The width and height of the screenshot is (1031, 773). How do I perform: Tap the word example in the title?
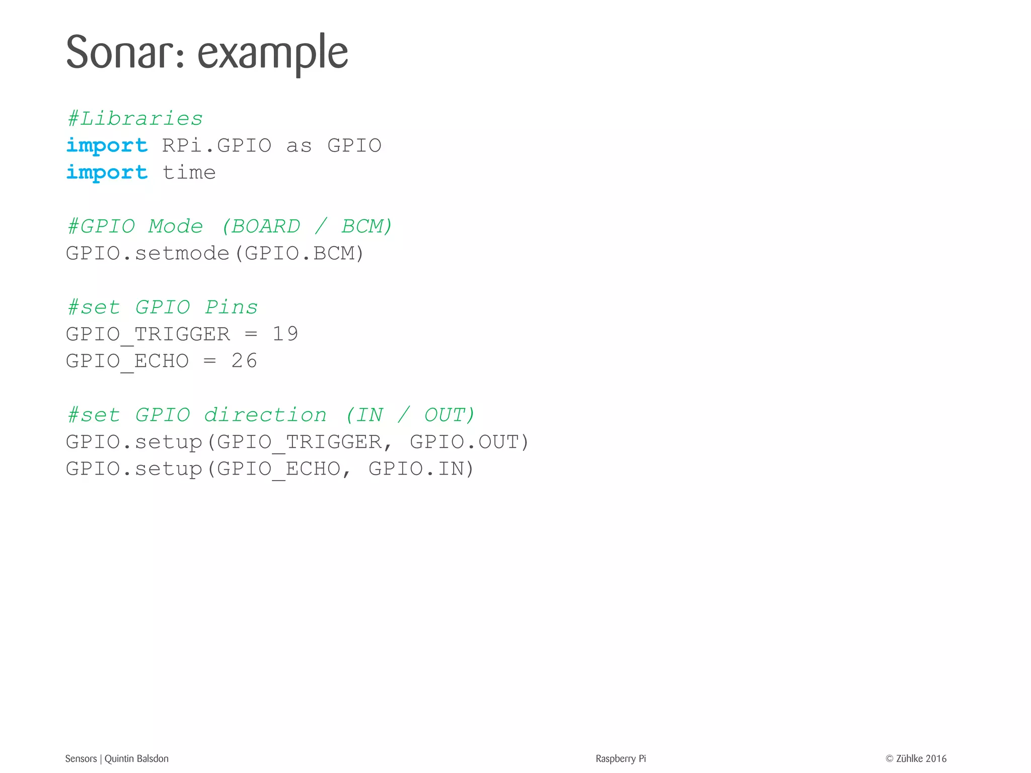click(x=272, y=53)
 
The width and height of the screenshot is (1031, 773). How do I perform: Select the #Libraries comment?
click(x=135, y=119)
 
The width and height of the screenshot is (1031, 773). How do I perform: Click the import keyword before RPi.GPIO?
click(x=107, y=145)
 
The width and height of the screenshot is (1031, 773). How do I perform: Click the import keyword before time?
click(x=107, y=173)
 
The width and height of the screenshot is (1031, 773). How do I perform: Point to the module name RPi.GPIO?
click(x=217, y=145)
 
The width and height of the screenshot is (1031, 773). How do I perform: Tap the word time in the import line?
click(x=189, y=173)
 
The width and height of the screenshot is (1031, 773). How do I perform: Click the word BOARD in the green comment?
click(x=265, y=226)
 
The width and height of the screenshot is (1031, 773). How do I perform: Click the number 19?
click(x=285, y=334)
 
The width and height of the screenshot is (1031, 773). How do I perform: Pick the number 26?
click(x=244, y=361)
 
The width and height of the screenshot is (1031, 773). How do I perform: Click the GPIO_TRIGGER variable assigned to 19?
click(x=148, y=334)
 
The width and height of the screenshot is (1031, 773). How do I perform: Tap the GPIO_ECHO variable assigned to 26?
click(x=127, y=361)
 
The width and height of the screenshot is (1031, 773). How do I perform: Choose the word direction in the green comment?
click(x=265, y=415)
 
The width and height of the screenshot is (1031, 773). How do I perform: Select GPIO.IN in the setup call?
click(x=416, y=469)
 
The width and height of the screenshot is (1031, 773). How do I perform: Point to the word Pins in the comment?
click(x=231, y=307)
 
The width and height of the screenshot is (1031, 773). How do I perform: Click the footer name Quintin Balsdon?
click(x=136, y=758)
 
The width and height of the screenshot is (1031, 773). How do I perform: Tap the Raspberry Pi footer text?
click(x=620, y=758)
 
